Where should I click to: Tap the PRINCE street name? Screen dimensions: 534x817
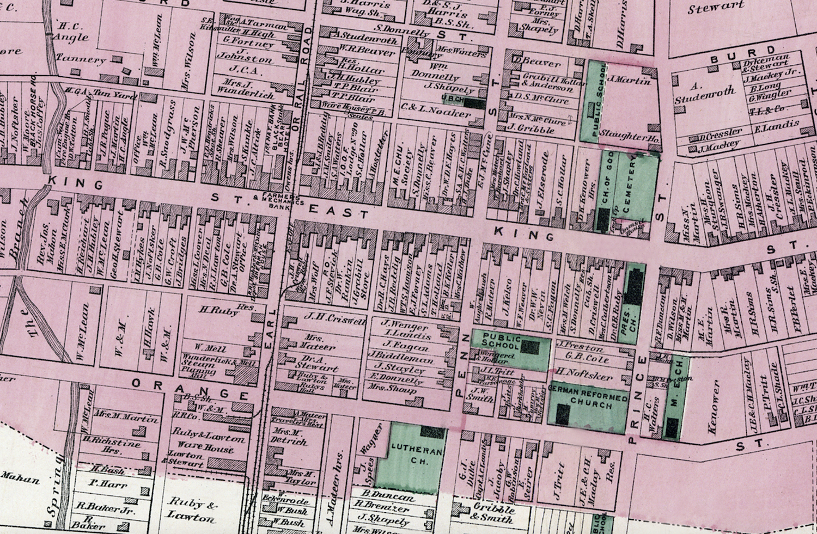[x=637, y=400]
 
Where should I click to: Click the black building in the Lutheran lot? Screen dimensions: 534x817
[x=432, y=433]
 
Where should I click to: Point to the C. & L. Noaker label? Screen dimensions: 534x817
[x=435, y=111]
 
